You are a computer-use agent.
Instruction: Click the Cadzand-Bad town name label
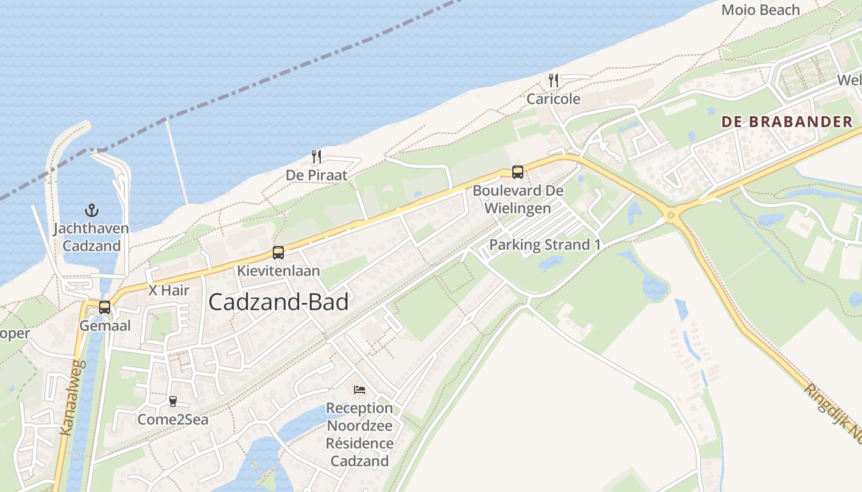pyautogui.click(x=278, y=302)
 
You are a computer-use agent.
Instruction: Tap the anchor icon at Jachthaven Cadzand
pyautogui.click(x=91, y=211)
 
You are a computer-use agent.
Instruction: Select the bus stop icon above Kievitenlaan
pyautogui.click(x=278, y=253)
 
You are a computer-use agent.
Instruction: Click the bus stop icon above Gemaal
pyautogui.click(x=105, y=307)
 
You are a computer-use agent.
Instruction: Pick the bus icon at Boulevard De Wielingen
pyautogui.click(x=518, y=172)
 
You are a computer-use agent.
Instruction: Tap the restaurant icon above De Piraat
pyautogui.click(x=316, y=157)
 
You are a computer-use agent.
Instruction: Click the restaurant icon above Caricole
pyautogui.click(x=553, y=81)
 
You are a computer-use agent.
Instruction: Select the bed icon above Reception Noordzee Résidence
pyautogui.click(x=360, y=390)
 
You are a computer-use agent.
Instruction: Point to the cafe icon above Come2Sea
pyautogui.click(x=172, y=402)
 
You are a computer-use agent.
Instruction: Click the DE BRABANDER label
pyautogui.click(x=787, y=122)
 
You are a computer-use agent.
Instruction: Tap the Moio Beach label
pyautogui.click(x=760, y=10)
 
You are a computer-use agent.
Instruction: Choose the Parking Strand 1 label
pyautogui.click(x=545, y=245)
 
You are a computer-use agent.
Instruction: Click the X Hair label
pyautogui.click(x=169, y=290)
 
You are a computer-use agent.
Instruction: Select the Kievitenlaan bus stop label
pyautogui.click(x=279, y=271)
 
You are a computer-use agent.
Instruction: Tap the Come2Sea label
pyautogui.click(x=172, y=419)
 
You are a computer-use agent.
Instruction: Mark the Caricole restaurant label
pyautogui.click(x=553, y=98)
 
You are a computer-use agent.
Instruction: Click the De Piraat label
pyautogui.click(x=316, y=175)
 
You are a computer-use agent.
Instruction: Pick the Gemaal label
pyautogui.click(x=105, y=325)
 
